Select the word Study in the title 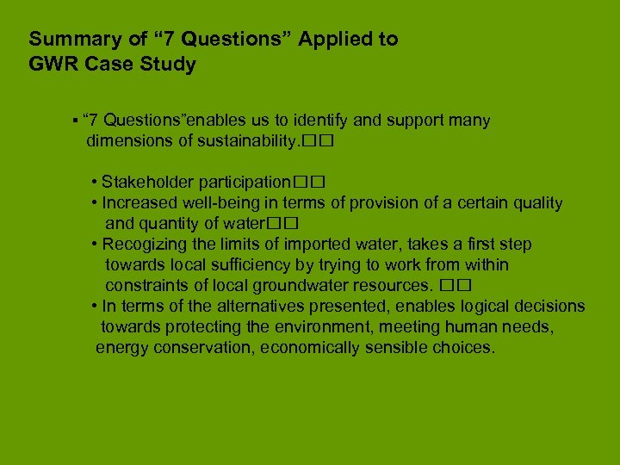(170, 65)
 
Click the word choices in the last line (468, 348)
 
